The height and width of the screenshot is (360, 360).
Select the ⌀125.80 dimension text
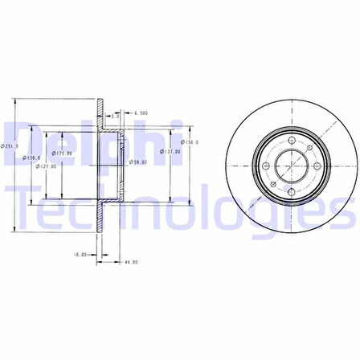point(63,153)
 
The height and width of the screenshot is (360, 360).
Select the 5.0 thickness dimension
point(116,117)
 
